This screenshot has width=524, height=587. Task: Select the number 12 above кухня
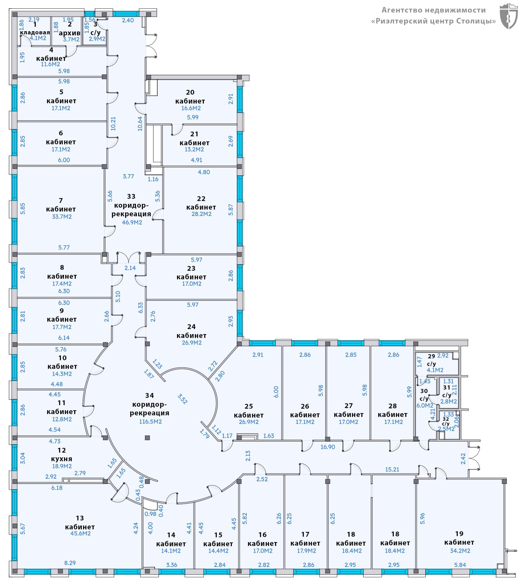tap(62, 450)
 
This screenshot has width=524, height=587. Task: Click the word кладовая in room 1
tap(35, 32)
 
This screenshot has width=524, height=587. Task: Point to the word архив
tap(70, 33)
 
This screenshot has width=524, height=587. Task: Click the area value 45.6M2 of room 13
tap(81, 533)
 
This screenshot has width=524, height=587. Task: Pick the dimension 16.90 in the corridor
tap(328, 447)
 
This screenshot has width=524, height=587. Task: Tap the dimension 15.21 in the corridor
tap(392, 469)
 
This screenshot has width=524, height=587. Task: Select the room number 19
tap(459, 533)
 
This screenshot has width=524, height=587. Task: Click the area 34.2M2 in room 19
tap(460, 550)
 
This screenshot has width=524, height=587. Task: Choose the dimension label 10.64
tap(140, 123)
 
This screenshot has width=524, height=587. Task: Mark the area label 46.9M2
tap(132, 222)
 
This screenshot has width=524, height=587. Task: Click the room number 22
tap(201, 198)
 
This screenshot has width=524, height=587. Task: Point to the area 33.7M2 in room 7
tap(62, 217)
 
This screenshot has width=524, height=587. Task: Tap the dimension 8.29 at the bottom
tap(70, 563)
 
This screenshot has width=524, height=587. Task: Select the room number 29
tap(431, 356)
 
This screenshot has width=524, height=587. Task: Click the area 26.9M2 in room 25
tap(249, 422)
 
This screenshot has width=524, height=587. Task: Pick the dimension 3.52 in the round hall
tap(182, 399)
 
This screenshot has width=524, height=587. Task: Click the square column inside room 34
tap(147, 438)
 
